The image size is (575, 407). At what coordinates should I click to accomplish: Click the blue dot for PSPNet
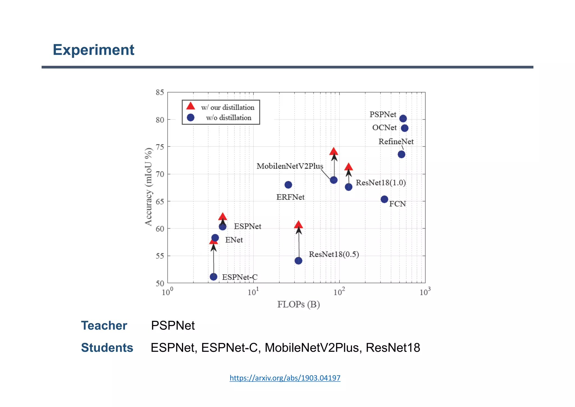403,119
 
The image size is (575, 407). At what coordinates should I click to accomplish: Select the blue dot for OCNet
405,128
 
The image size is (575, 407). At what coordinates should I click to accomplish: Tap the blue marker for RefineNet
401,154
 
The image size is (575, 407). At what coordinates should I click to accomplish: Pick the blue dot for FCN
384,199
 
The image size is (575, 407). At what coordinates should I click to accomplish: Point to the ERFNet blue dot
288,185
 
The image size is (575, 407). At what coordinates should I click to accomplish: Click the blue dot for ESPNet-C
214,277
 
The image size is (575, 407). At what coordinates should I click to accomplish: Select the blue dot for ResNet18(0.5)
298,261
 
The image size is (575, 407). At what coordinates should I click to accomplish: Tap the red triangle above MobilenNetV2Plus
334,152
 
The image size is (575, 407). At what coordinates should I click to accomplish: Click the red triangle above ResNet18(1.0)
348,167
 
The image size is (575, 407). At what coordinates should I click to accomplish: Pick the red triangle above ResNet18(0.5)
298,225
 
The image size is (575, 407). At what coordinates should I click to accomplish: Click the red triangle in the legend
191,106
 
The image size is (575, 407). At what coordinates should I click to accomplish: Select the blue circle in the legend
191,117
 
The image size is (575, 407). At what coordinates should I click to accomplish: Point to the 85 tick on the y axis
160,92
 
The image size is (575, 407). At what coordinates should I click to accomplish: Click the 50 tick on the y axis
160,283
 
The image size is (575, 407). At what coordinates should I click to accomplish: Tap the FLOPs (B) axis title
298,304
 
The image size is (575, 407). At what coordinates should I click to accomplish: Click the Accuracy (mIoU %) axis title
149,187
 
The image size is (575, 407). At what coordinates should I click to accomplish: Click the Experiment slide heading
93,50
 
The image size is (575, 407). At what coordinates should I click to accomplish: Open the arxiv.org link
285,378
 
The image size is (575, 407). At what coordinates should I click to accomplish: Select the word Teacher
104,325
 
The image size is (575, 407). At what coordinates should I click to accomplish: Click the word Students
107,348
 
